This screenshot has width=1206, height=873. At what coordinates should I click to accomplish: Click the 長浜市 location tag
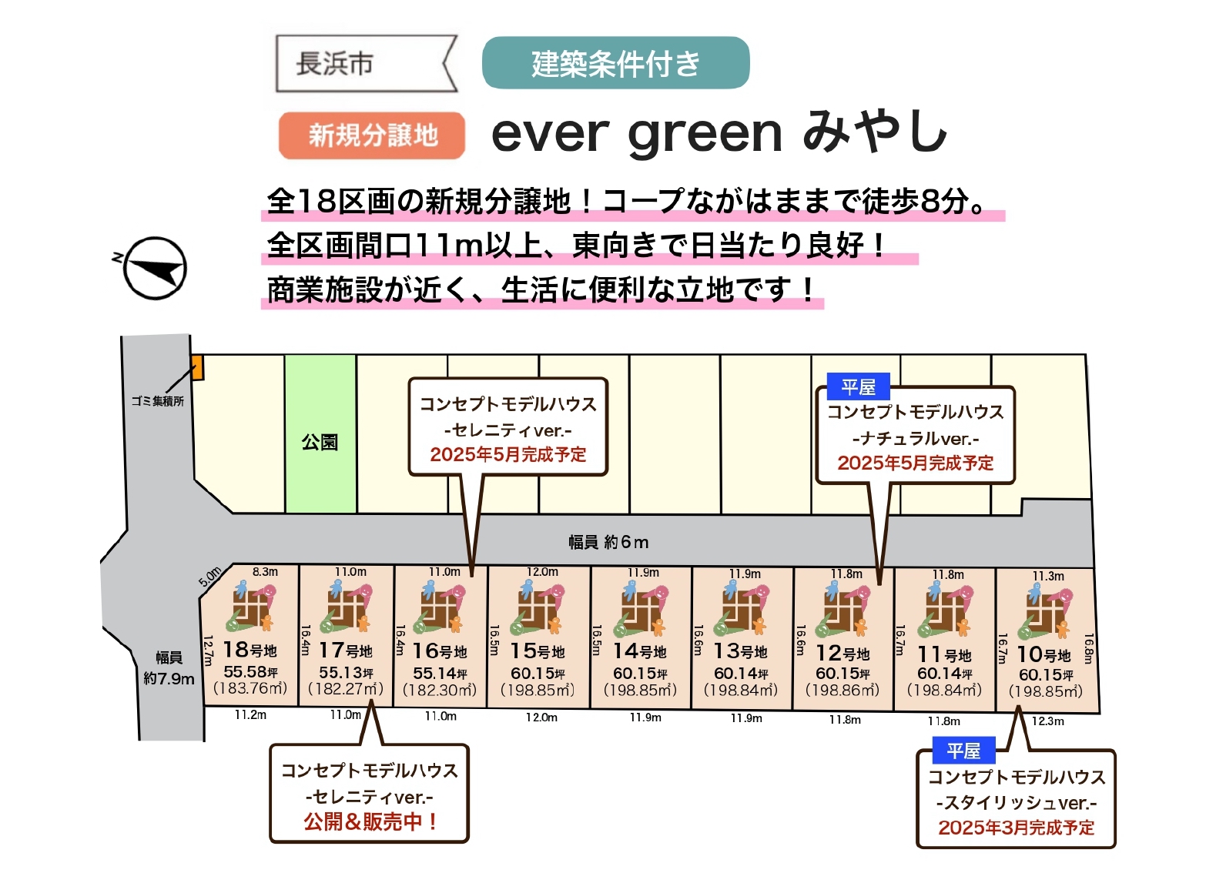click(366, 63)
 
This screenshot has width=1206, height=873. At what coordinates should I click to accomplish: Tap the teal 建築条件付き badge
click(615, 62)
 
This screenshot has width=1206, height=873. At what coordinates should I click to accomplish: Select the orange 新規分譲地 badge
click(371, 135)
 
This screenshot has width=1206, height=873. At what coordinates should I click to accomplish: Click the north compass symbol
click(154, 268)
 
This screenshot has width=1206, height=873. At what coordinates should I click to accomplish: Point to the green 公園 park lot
click(320, 433)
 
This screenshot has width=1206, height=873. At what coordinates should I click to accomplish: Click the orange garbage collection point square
click(198, 368)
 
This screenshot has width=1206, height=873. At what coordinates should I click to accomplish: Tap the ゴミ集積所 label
click(158, 401)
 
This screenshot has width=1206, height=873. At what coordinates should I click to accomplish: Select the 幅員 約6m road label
click(608, 542)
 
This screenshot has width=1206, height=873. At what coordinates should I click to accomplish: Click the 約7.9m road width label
click(169, 679)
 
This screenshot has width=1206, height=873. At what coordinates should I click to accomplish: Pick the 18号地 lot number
click(250, 650)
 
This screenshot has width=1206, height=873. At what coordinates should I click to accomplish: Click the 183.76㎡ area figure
click(250, 687)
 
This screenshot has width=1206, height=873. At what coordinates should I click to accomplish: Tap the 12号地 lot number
click(843, 653)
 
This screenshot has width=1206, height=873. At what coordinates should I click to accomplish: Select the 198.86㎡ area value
click(843, 690)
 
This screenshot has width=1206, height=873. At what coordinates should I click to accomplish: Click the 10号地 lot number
click(1044, 654)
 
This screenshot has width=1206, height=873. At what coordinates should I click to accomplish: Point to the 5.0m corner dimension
click(210, 577)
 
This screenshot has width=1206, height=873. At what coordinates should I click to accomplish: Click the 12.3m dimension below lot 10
click(1047, 721)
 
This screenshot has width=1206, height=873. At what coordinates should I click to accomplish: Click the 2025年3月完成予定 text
click(1016, 828)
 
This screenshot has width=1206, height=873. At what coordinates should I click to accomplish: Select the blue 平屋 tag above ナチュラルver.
click(858, 386)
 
